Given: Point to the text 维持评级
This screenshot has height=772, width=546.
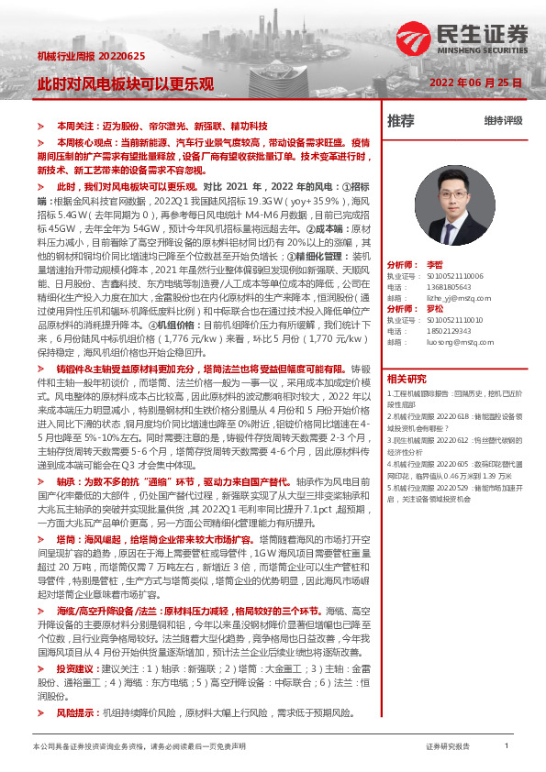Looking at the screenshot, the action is click(x=503, y=121).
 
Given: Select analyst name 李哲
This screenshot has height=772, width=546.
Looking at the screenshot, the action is click(x=435, y=263).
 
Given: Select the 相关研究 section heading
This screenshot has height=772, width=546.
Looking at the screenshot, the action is click(x=406, y=378).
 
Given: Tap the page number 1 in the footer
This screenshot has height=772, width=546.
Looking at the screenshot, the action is click(x=506, y=746).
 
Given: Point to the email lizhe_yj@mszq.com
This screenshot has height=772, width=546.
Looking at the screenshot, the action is click(x=454, y=296).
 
